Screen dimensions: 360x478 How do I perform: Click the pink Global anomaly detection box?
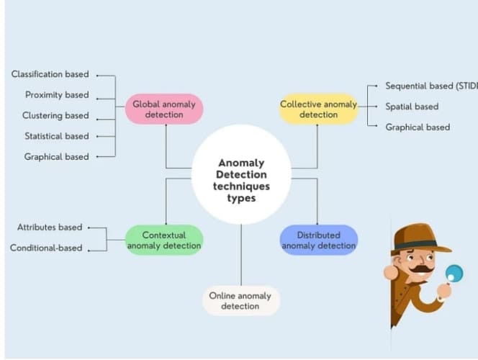pyautogui.click(x=164, y=109)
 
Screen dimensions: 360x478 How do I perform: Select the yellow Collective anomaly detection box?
pyautogui.click(x=318, y=109)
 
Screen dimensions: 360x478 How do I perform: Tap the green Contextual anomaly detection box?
pyautogui.click(x=164, y=240)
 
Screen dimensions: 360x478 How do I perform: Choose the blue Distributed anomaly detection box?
pyautogui.click(x=318, y=240)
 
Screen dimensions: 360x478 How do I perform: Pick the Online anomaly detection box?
pyautogui.click(x=240, y=300)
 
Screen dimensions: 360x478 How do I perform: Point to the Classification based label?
pyautogui.click(x=50, y=74)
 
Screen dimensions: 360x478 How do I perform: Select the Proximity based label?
pyautogui.click(x=57, y=95)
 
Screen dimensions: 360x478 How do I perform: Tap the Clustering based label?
pyautogui.click(x=55, y=115)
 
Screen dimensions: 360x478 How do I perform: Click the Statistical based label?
pyautogui.click(x=56, y=136)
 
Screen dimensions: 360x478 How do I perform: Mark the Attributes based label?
pyautogui.click(x=50, y=228)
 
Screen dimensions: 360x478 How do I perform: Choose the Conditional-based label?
pyautogui.click(x=46, y=248)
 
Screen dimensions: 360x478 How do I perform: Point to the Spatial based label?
pyautogui.click(x=412, y=107)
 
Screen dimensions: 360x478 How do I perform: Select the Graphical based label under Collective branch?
pyautogui.click(x=418, y=127)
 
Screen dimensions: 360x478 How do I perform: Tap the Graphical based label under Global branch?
pyautogui.click(x=57, y=157)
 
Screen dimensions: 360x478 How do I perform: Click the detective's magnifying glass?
pyautogui.click(x=454, y=274)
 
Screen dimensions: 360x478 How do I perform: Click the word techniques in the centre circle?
pyautogui.click(x=241, y=186)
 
